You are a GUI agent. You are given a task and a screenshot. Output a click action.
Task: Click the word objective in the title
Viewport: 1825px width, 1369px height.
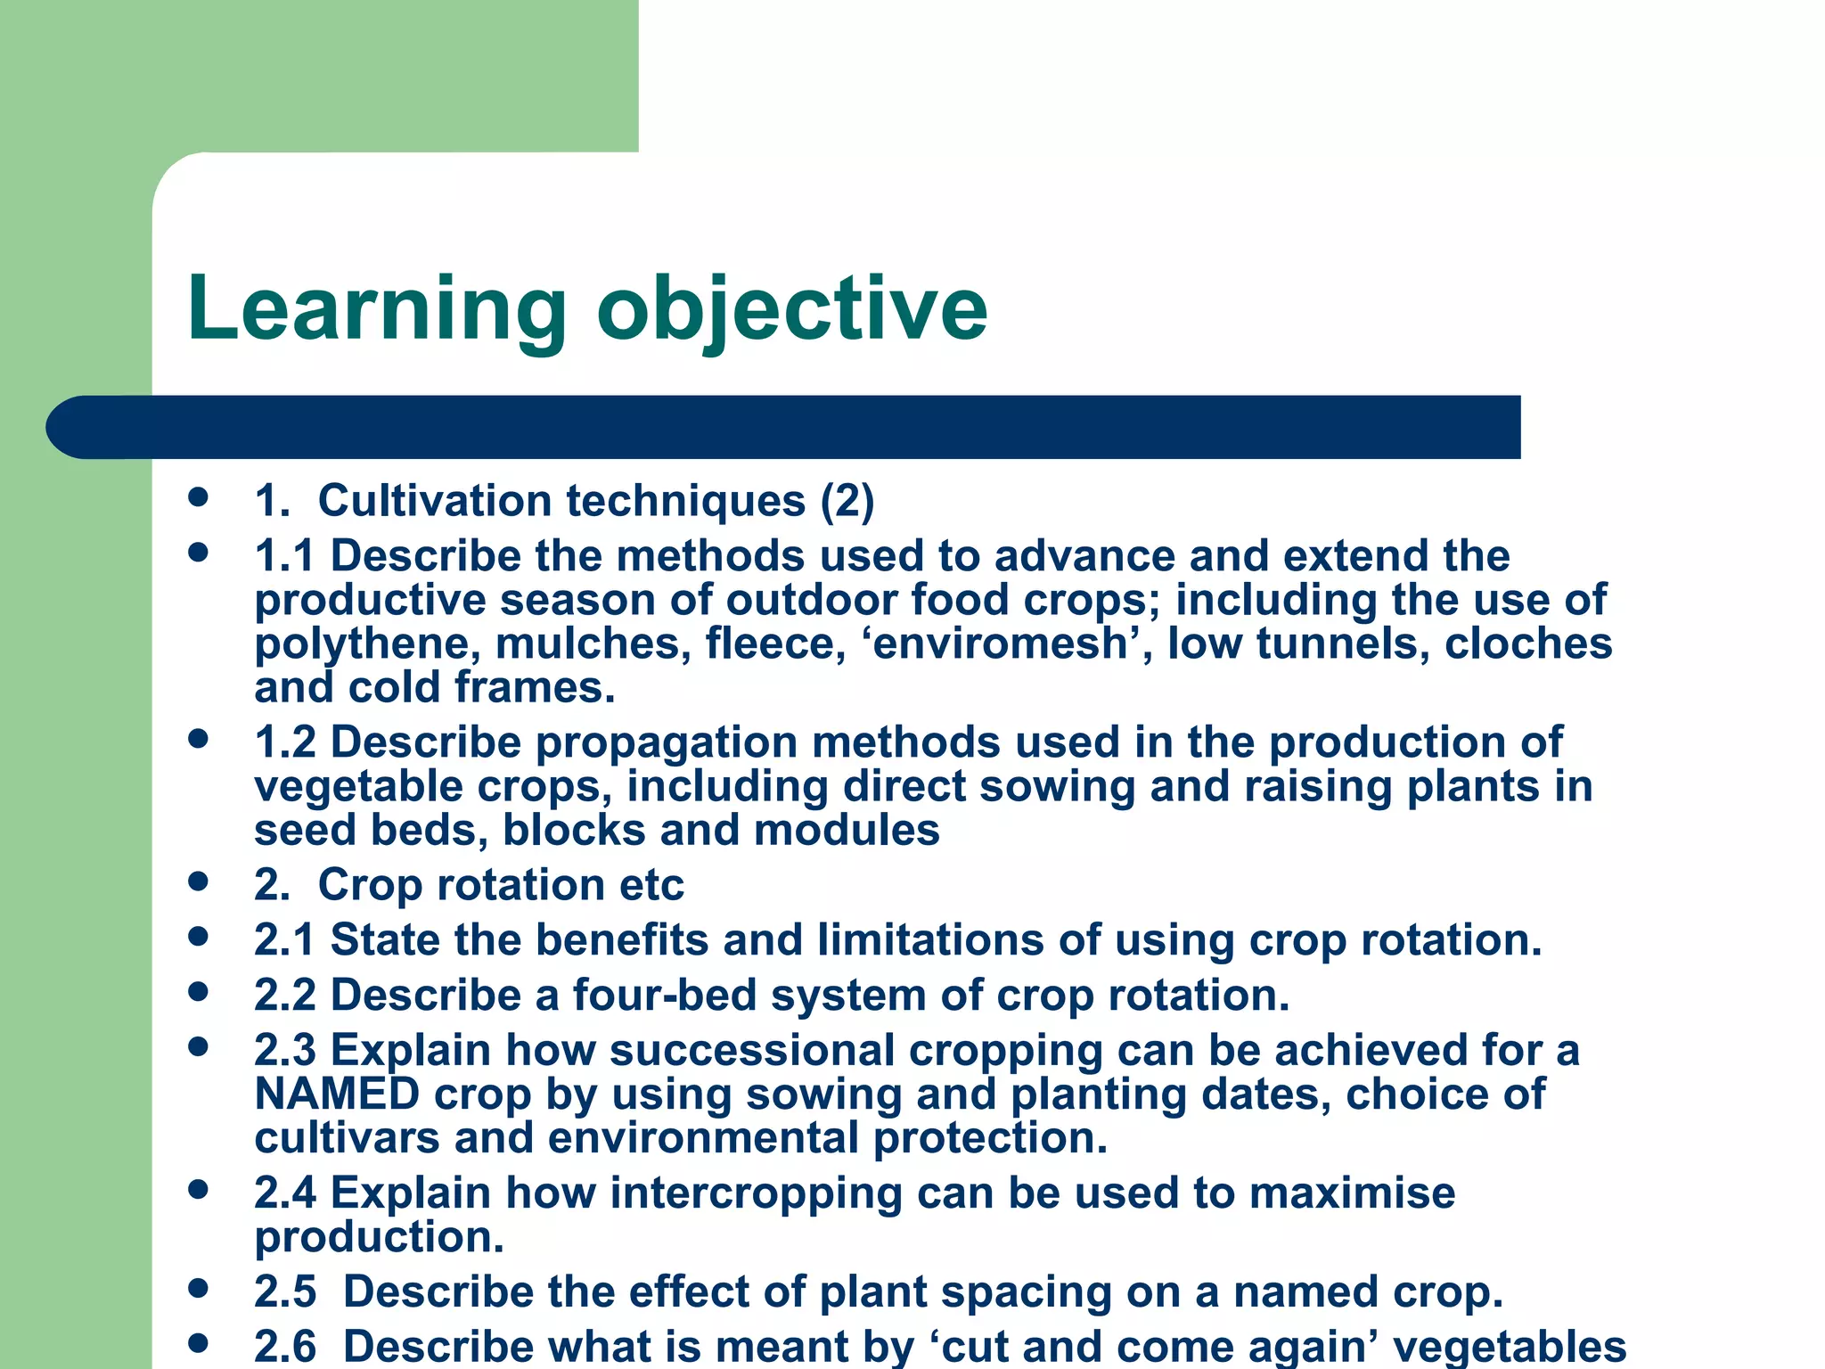point(792,310)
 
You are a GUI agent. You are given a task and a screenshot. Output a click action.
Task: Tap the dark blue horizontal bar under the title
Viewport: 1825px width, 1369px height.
point(784,427)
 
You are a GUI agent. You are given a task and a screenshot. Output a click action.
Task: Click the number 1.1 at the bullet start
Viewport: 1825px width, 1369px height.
point(284,556)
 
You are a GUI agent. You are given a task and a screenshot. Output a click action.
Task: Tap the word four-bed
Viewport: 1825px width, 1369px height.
point(665,996)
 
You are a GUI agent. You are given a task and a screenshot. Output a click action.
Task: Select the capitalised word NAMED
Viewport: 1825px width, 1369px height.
point(337,1094)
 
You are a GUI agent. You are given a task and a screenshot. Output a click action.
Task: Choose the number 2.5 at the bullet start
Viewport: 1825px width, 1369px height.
point(285,1292)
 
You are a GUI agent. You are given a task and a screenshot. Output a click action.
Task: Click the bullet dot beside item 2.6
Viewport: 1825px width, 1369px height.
point(199,1341)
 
